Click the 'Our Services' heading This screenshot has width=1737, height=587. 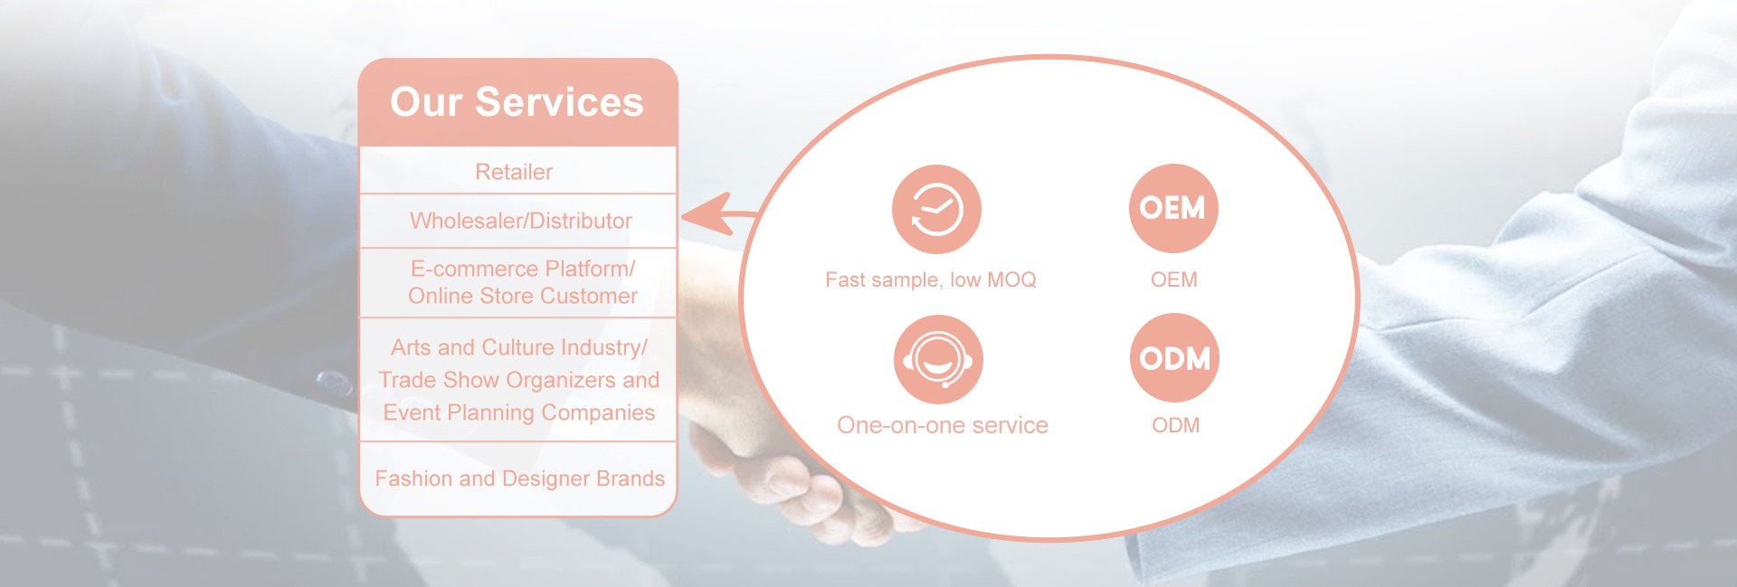pyautogui.click(x=517, y=102)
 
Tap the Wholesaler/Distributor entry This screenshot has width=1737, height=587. pyautogui.click(x=521, y=221)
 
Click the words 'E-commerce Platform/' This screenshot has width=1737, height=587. pyautogui.click(x=523, y=269)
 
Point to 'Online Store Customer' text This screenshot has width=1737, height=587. pyautogui.click(x=523, y=296)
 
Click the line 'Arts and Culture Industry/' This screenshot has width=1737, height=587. pyautogui.click(x=519, y=347)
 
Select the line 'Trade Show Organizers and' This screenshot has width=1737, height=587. pyautogui.click(x=519, y=380)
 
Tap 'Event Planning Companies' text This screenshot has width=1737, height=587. pyautogui.click(x=519, y=412)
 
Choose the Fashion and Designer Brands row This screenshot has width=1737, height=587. pyautogui.click(x=520, y=478)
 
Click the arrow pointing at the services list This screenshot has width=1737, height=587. pyautogui.click(x=719, y=214)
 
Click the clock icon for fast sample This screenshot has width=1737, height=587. pyautogui.click(x=936, y=209)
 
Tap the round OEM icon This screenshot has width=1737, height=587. pyautogui.click(x=1173, y=208)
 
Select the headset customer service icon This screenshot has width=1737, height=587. pyautogui.click(x=938, y=359)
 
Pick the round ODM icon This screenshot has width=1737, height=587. pyautogui.click(x=1175, y=358)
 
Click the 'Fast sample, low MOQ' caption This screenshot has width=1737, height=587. pyautogui.click(x=931, y=279)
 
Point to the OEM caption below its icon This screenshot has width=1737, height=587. pyautogui.click(x=1174, y=279)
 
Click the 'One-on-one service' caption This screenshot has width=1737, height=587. pyautogui.click(x=943, y=425)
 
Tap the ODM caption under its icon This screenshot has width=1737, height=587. pyautogui.click(x=1176, y=425)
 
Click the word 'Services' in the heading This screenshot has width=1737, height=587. pyautogui.click(x=559, y=102)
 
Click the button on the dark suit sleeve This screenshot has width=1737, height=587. pyautogui.click(x=335, y=383)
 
